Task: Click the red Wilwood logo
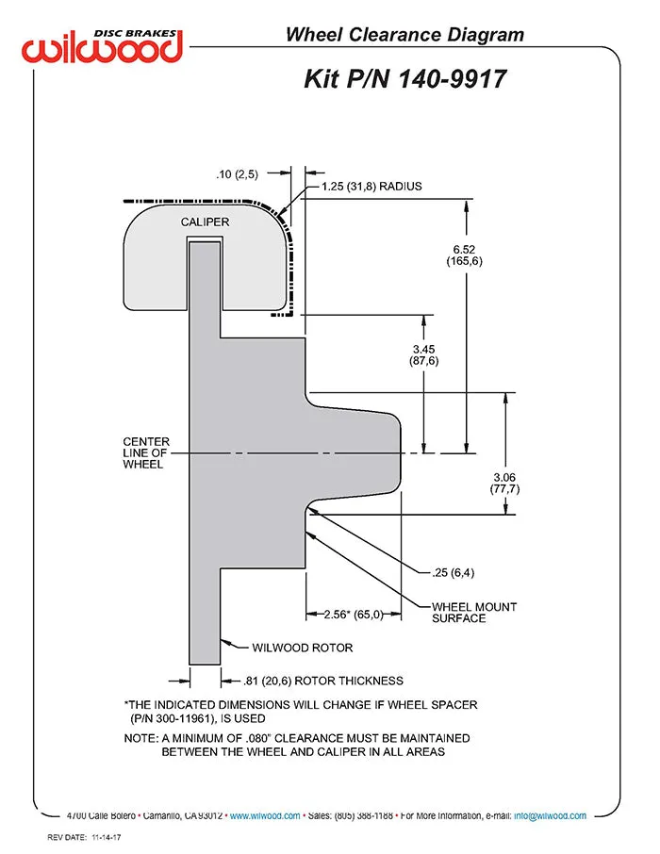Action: coord(102,47)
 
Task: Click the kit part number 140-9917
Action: coord(453,79)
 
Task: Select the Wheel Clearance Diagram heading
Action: coord(404,35)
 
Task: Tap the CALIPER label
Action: coord(205,222)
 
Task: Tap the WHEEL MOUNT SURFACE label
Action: coord(474,612)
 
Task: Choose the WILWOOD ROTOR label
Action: coord(303,648)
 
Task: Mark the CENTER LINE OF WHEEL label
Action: coord(146,452)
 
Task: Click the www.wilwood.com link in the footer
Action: coord(265,816)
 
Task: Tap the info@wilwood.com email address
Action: coord(550,816)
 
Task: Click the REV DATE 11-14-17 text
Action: coord(85,837)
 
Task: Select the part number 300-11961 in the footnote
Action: coord(185,718)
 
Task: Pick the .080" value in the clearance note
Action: coord(258,738)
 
